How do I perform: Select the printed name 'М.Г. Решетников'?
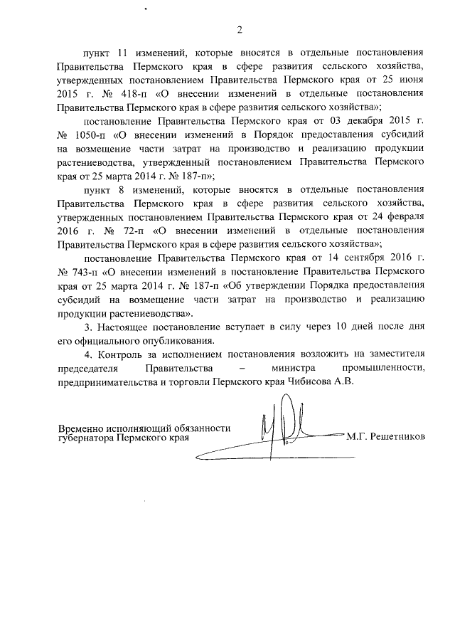coord(385,437)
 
